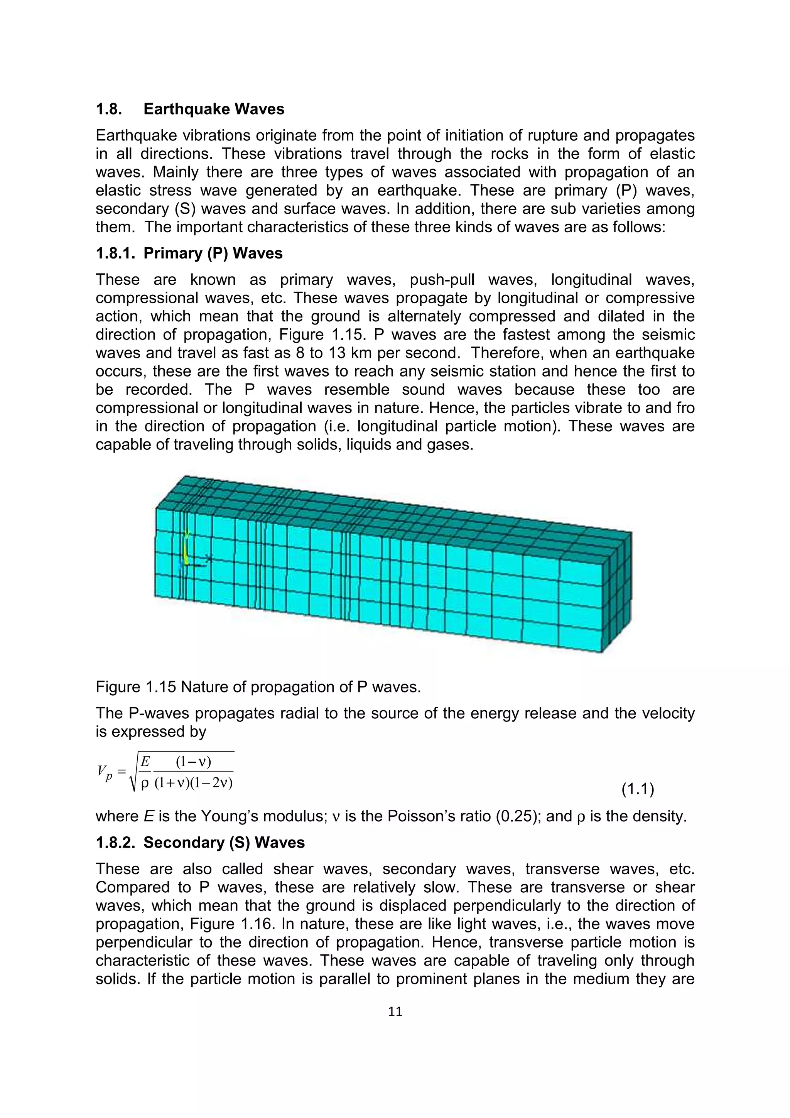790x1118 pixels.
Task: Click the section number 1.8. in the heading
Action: [x=108, y=109]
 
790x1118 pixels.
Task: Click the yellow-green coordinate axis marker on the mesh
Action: [x=186, y=548]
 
